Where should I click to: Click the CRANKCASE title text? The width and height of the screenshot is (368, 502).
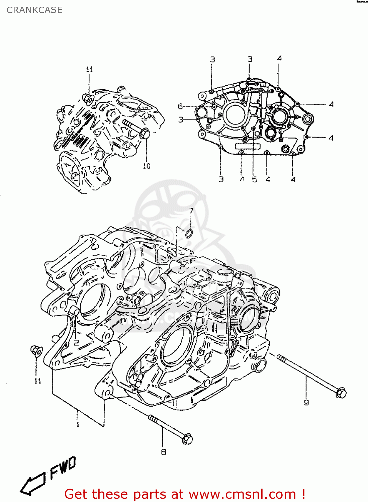pyautogui.click(x=34, y=10)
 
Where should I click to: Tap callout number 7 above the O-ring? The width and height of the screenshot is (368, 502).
pyautogui.click(x=191, y=211)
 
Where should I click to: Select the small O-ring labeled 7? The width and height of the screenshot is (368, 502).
pyautogui.click(x=189, y=234)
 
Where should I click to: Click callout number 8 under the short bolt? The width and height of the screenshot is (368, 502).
pyautogui.click(x=164, y=452)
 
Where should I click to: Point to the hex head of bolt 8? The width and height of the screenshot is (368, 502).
pyautogui.click(x=187, y=438)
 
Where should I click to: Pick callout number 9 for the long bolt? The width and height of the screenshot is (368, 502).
pyautogui.click(x=306, y=403)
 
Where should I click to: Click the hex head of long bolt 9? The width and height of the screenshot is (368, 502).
pyautogui.click(x=341, y=392)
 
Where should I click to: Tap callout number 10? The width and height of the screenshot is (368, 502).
pyautogui.click(x=147, y=166)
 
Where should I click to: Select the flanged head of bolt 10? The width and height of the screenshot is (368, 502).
pyautogui.click(x=145, y=133)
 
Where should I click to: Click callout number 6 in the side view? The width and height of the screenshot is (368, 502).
pyautogui.click(x=180, y=106)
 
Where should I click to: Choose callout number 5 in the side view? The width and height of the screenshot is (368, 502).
pyautogui.click(x=255, y=180)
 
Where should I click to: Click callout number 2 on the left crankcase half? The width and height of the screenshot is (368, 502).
pyautogui.click(x=76, y=342)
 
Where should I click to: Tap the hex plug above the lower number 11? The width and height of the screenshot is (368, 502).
pyautogui.click(x=36, y=351)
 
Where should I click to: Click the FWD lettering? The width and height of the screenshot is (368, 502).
pyautogui.click(x=63, y=468)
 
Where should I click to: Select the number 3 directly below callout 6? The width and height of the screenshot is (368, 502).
pyautogui.click(x=181, y=119)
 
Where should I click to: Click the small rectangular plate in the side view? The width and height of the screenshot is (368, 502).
pyautogui.click(x=248, y=146)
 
